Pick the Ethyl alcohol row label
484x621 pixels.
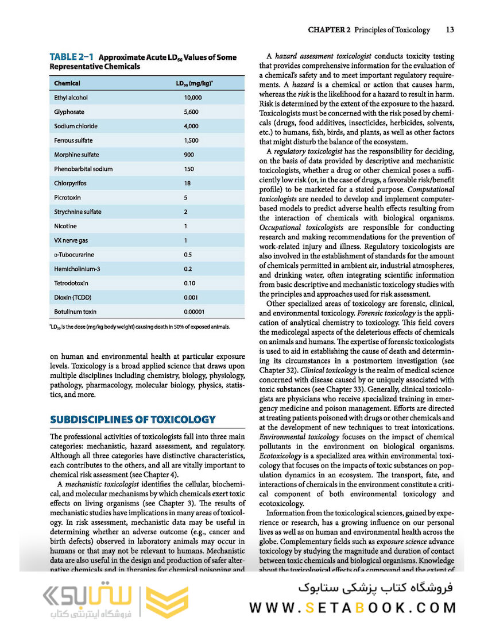click(72, 98)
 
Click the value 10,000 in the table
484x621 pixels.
click(192, 98)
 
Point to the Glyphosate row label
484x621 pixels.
click(69, 112)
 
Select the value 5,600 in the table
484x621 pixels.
click(191, 112)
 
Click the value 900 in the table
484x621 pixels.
click(189, 155)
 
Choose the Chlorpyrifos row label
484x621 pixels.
click(70, 183)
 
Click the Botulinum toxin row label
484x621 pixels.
click(75, 312)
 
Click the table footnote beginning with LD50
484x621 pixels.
click(140, 327)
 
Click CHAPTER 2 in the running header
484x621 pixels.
click(329, 29)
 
